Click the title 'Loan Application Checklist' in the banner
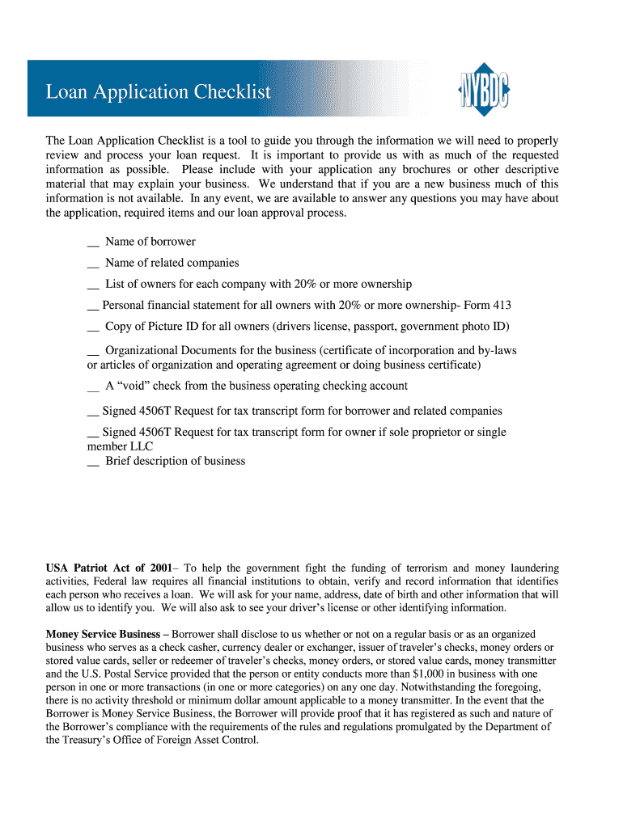click(158, 92)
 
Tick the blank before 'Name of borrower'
click(92, 243)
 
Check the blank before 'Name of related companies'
click(92, 264)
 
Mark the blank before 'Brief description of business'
click(92, 462)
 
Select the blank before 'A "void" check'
click(92, 387)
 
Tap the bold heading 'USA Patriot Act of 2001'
click(112, 568)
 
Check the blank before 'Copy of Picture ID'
click(92, 327)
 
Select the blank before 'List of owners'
click(92, 285)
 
